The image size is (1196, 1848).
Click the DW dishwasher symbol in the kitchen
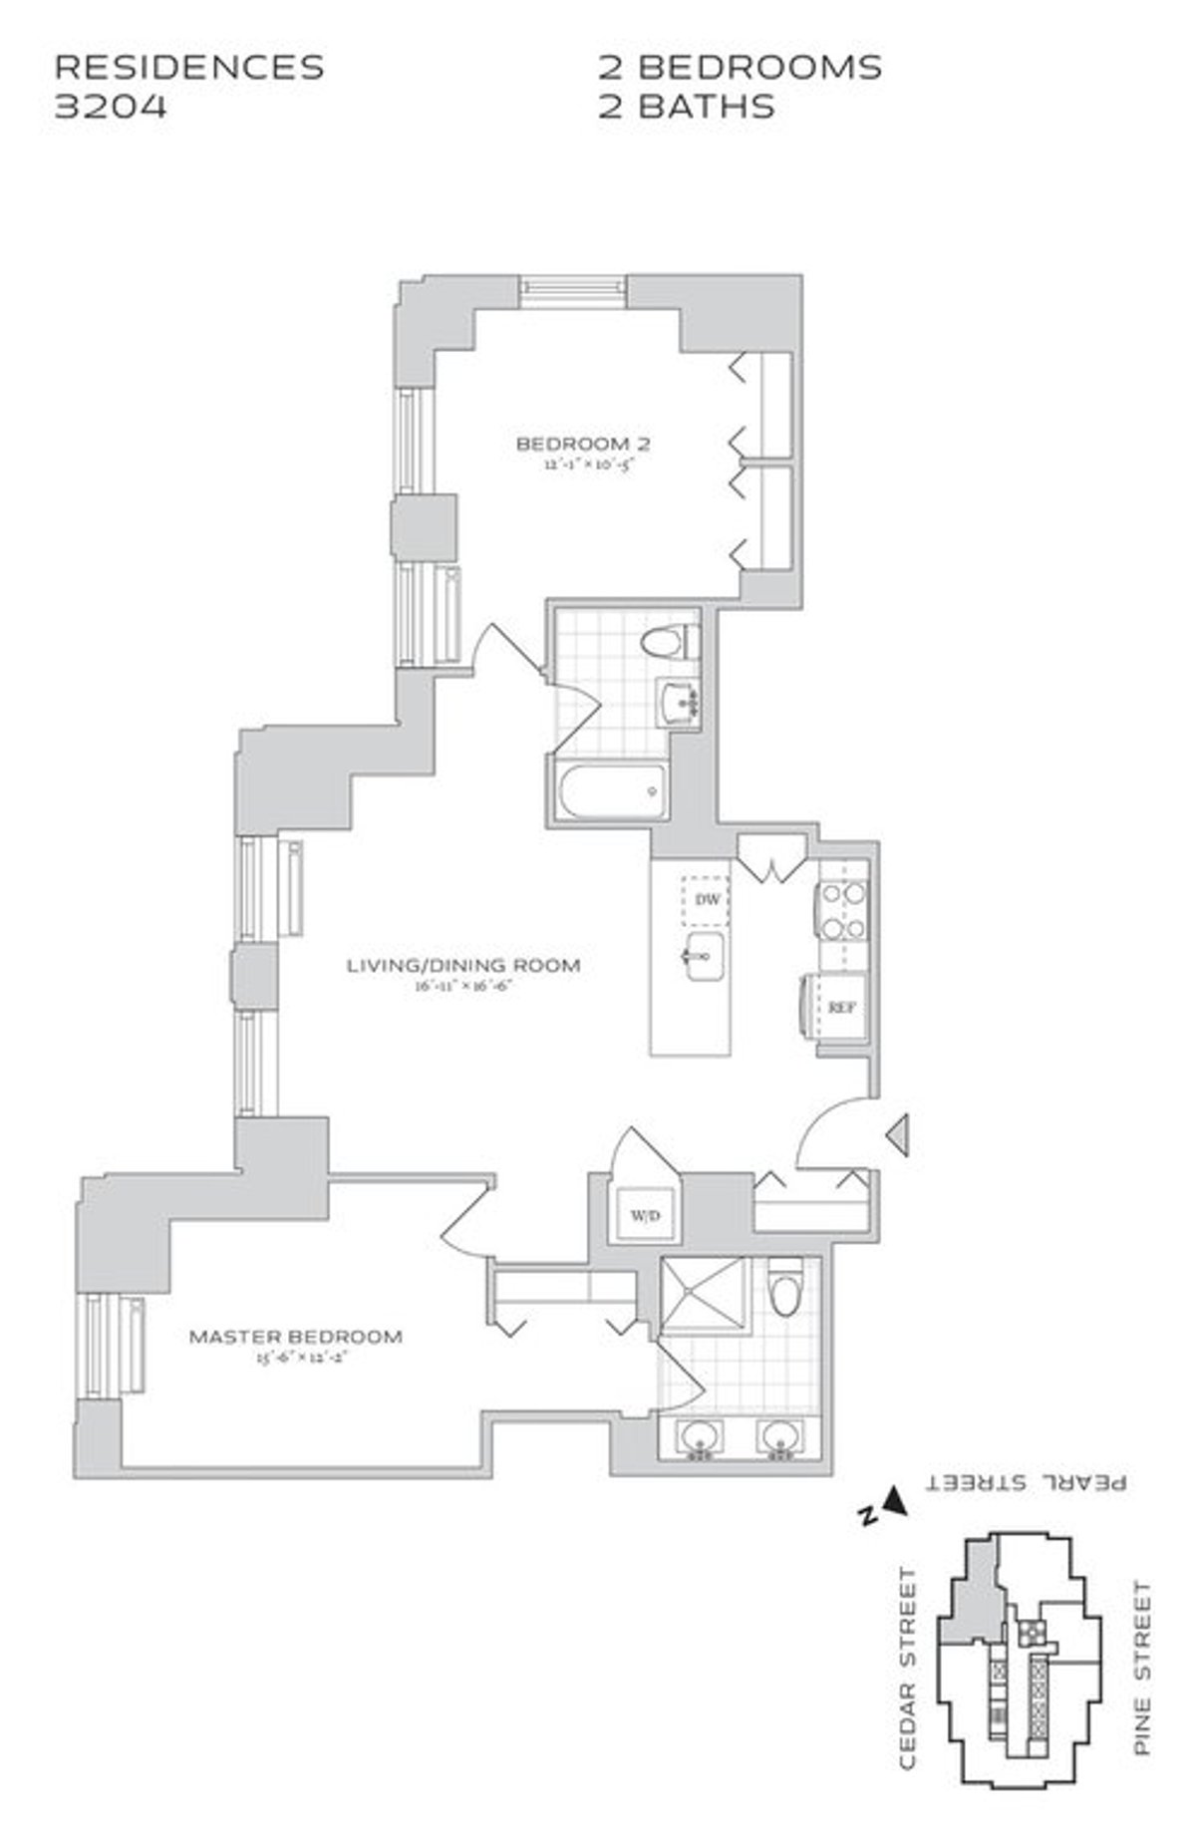pyautogui.click(x=708, y=900)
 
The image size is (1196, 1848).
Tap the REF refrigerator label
pyautogui.click(x=842, y=1008)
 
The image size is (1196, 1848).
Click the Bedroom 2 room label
pyautogui.click(x=583, y=444)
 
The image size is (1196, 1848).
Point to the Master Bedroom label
pyautogui.click(x=296, y=1337)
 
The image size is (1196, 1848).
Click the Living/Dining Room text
pyautogui.click(x=463, y=965)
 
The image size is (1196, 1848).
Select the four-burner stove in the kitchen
pyautogui.click(x=842, y=911)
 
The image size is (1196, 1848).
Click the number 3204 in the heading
pyautogui.click(x=110, y=106)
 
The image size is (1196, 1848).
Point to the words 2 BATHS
pyautogui.click(x=686, y=106)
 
